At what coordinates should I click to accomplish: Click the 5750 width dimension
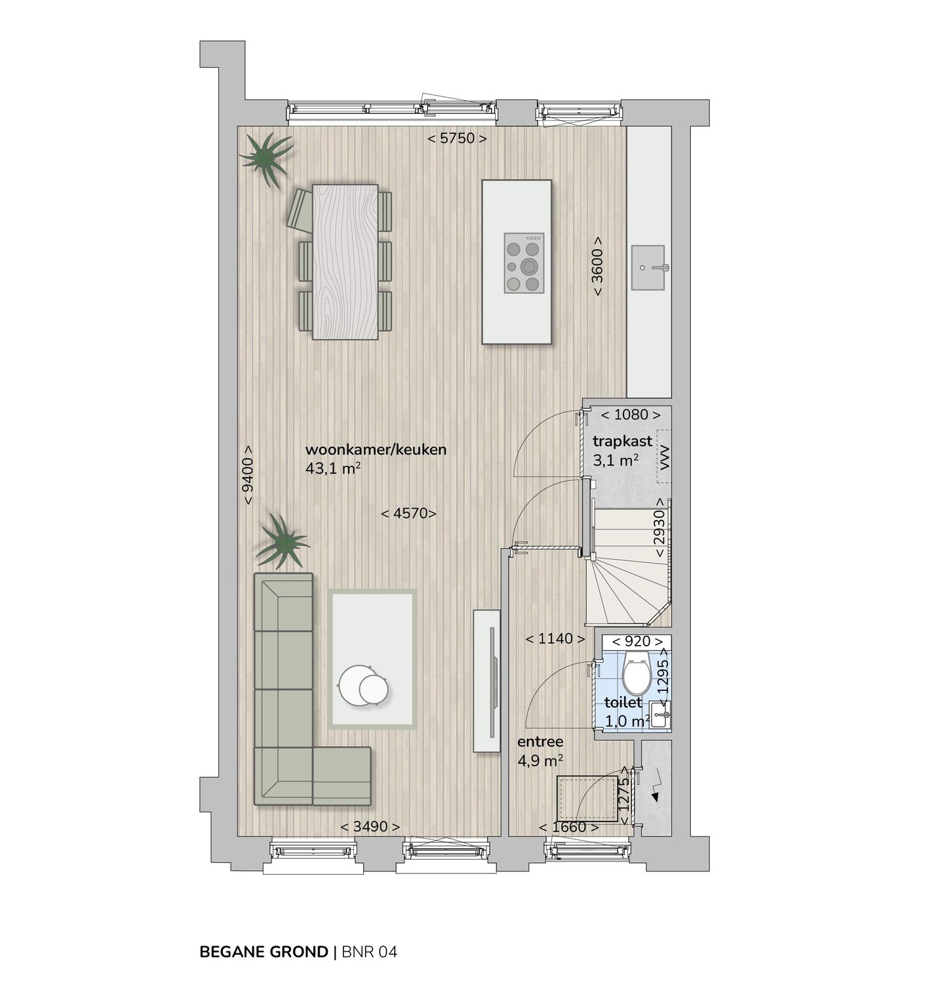[457, 138]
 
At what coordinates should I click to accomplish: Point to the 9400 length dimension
[248, 475]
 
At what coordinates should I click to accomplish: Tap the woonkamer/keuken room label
[376, 450]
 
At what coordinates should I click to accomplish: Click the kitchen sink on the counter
[649, 267]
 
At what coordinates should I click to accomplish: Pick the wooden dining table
[345, 262]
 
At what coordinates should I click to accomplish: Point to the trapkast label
[622, 442]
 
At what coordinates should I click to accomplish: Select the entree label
[540, 742]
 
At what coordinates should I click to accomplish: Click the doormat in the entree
[588, 798]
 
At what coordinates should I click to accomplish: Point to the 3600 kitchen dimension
[598, 266]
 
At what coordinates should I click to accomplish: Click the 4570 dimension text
[408, 514]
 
